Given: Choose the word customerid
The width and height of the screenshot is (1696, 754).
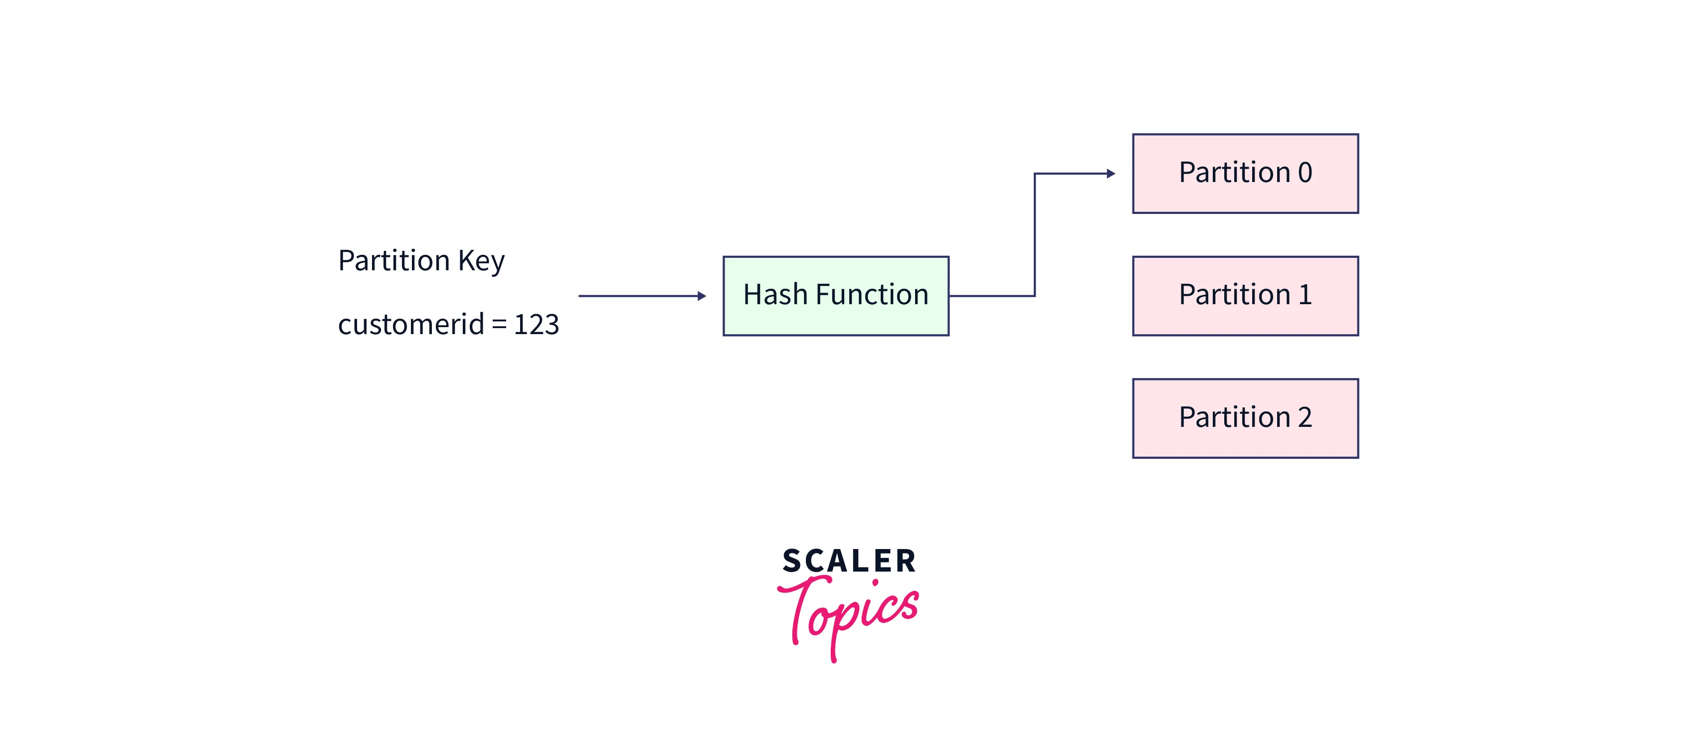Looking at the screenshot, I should [411, 324].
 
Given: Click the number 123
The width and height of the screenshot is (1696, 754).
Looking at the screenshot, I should [536, 324].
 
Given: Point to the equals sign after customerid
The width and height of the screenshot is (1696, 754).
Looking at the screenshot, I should [499, 325].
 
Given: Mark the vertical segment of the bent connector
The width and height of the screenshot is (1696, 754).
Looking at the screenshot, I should [1034, 234].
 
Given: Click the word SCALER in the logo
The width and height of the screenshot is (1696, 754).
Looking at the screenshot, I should [849, 561].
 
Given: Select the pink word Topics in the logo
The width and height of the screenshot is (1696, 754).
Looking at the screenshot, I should [849, 612].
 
